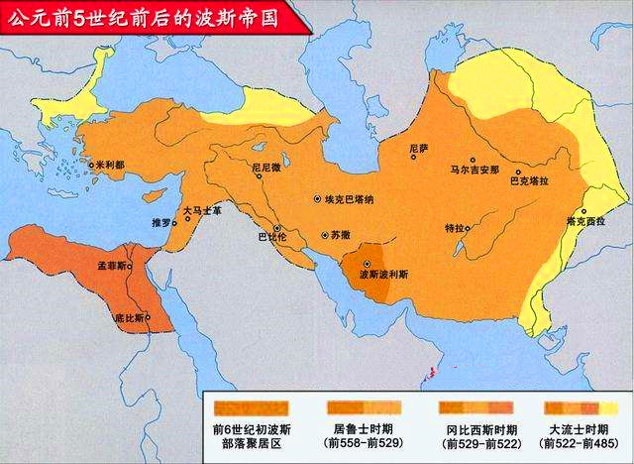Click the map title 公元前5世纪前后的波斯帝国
click(149, 17)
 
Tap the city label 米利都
click(110, 166)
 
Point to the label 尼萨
click(420, 147)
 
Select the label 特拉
click(454, 228)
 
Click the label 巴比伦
click(271, 239)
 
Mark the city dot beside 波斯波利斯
click(368, 263)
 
